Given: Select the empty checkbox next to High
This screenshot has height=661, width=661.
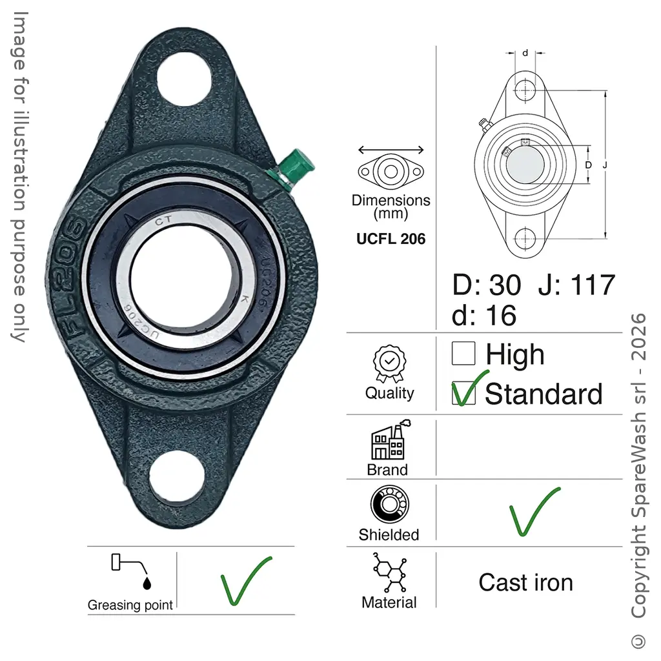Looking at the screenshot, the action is [x=463, y=353].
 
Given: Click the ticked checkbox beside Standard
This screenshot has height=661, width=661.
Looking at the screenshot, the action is [x=463, y=393].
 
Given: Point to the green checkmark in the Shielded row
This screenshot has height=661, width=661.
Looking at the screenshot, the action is [x=534, y=511].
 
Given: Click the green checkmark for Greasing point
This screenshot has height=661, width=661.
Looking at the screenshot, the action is [x=246, y=580].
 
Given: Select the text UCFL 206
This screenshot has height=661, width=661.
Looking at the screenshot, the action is [x=391, y=239].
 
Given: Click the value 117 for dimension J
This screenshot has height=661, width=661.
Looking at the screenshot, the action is [x=593, y=285].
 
